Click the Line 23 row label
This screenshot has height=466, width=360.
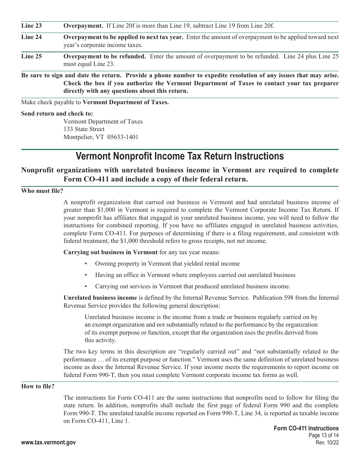pyautogui.click(x=31, y=26)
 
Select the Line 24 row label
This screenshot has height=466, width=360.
pyautogui.click(x=31, y=37)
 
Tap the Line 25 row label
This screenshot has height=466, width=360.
pyautogui.click(x=31, y=56)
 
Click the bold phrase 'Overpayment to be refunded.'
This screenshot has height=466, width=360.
pyautogui.click(x=105, y=56)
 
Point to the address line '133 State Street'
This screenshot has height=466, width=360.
pyautogui.click(x=84, y=129)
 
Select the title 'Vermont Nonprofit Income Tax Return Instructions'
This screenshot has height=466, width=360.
pyautogui.click(x=180, y=156)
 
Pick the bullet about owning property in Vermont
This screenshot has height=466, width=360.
pyautogui.click(x=167, y=264)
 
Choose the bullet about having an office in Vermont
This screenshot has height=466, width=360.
pyautogui.click(x=195, y=275)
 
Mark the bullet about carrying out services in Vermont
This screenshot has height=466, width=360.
pyautogui.click(x=193, y=286)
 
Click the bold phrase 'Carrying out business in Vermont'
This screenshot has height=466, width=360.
pyautogui.click(x=110, y=252)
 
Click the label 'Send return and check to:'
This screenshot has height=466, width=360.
pyautogui.click(x=57, y=114)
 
